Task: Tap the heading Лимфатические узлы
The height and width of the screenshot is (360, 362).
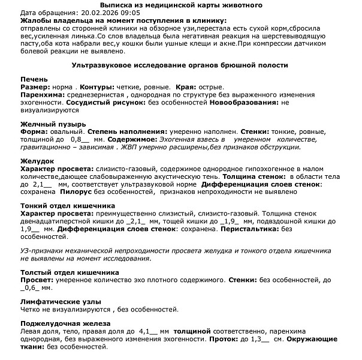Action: point(61,301)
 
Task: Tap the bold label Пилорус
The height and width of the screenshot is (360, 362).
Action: point(72,193)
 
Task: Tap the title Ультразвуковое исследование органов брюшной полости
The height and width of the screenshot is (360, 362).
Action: point(180,64)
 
